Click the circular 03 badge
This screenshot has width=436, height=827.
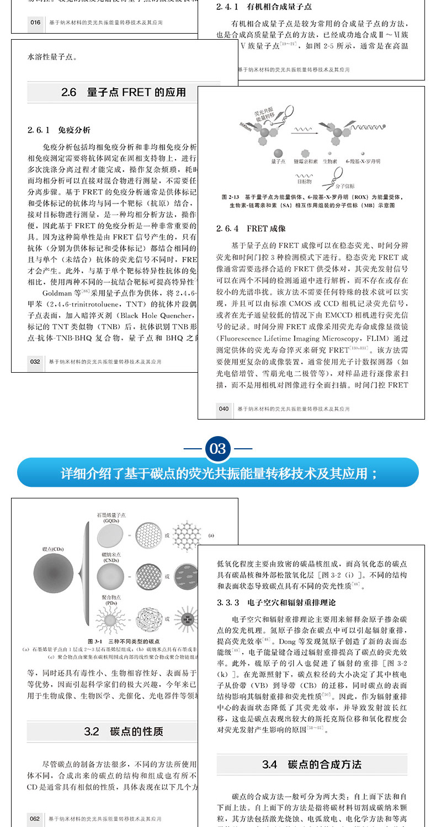217,448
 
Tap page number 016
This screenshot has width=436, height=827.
35,23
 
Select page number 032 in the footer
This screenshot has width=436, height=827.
35,362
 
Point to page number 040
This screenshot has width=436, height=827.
223,409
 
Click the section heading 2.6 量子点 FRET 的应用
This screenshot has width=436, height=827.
124,93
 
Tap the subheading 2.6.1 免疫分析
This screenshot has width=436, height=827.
59,130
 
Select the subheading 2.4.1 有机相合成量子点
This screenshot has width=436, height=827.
264,7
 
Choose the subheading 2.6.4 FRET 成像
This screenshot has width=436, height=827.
251,228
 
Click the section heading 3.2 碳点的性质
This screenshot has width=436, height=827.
124,732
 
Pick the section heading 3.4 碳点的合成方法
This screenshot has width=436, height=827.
311,765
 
